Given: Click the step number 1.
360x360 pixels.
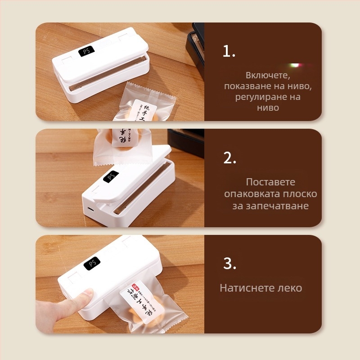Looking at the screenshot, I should click(229, 52).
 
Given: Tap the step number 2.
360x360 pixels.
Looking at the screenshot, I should click(229, 158).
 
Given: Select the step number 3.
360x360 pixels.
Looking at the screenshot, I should click(229, 264).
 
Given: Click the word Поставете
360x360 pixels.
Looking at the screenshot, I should click(270, 182).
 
